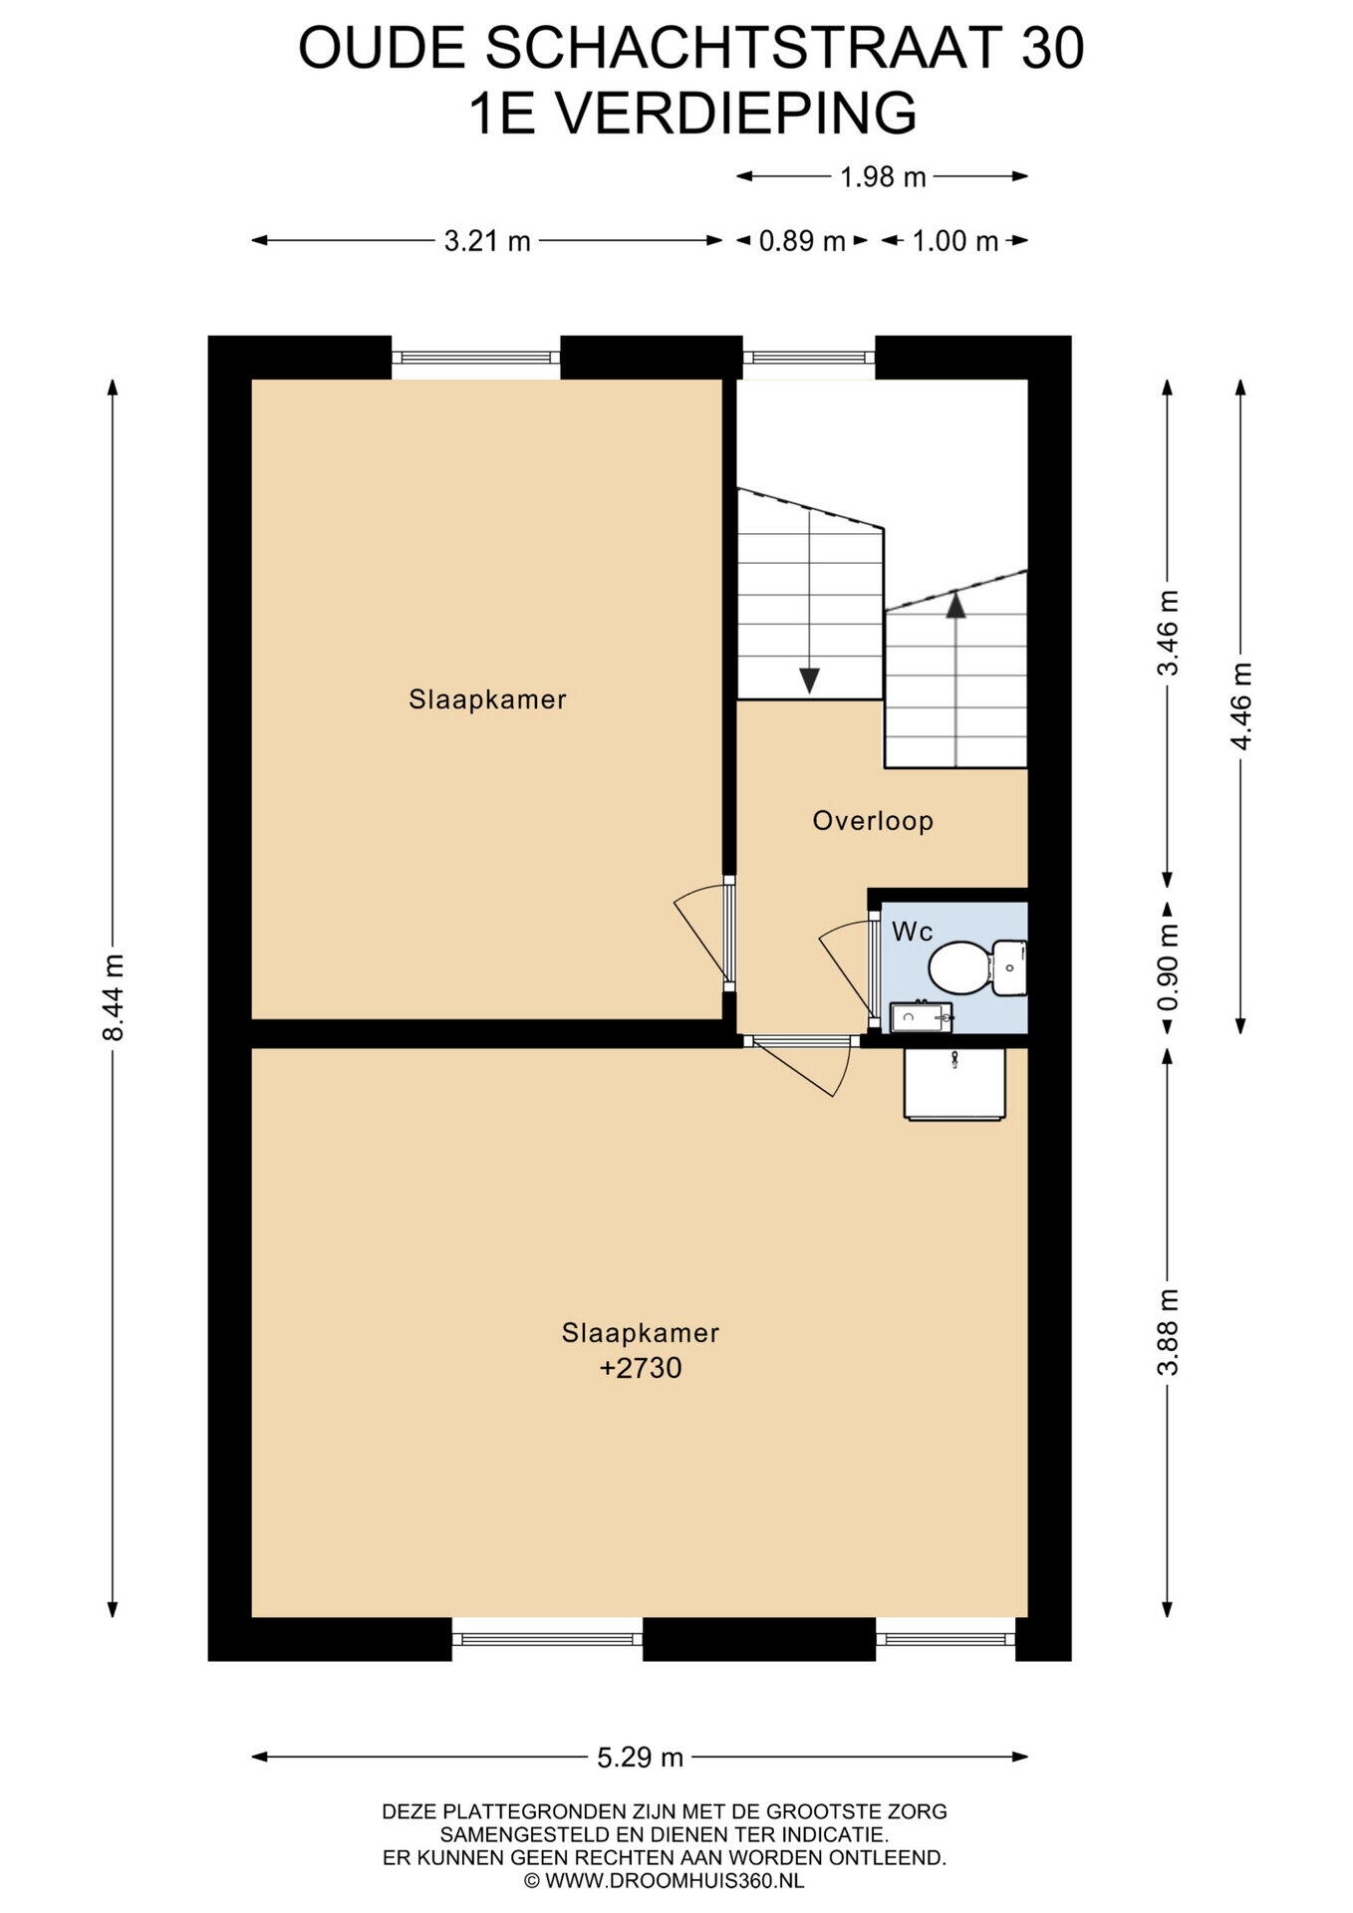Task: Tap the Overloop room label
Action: coord(873,821)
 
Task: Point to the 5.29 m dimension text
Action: coord(640,1757)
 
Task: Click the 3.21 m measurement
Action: coord(487,240)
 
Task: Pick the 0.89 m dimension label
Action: coord(802,240)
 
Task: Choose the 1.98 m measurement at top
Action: coord(883,177)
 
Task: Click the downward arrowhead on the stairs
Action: coord(809,681)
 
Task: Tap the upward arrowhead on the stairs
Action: coord(955,604)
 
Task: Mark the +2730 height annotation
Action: coord(641,1368)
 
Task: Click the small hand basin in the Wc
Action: coord(921,1016)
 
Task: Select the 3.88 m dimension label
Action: coord(1168,1331)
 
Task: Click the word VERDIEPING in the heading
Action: coord(735,113)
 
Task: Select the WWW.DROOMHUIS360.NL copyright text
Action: coord(665,1881)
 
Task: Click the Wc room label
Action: coord(913,932)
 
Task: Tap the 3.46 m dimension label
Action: coord(1168,632)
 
